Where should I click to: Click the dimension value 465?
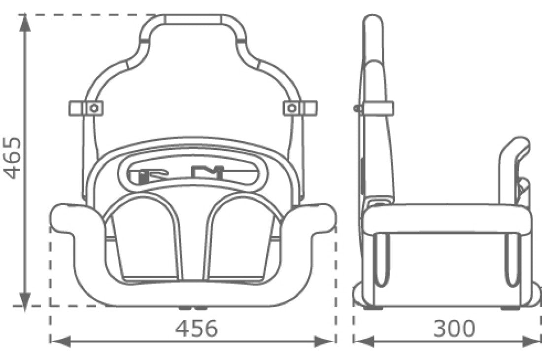click(13, 158)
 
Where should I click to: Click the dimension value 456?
click(197, 329)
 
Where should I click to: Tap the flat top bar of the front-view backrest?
click(192, 20)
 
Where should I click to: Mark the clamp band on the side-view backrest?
click(376, 108)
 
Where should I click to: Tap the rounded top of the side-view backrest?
click(373, 22)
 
